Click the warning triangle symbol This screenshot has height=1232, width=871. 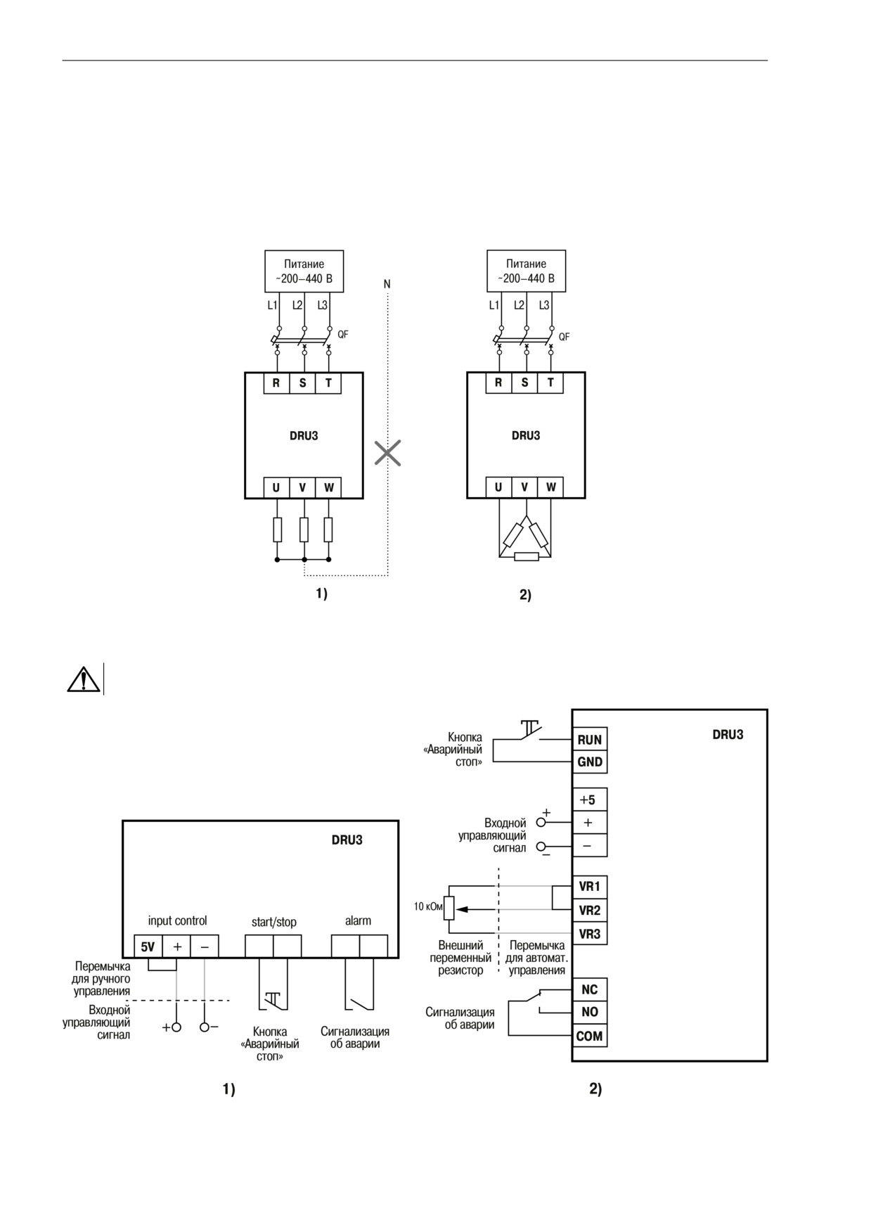point(83,679)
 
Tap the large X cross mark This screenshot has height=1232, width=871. point(387,454)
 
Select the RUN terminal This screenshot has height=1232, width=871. point(589,740)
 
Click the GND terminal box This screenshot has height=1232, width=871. point(589,762)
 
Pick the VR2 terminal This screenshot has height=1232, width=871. point(589,911)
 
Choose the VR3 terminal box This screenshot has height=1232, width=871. point(589,934)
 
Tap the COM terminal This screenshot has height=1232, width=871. point(589,1036)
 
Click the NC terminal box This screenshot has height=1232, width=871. point(589,989)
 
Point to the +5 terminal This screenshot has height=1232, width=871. point(589,800)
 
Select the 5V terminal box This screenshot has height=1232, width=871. point(148,947)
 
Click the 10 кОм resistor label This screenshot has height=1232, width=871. point(428,907)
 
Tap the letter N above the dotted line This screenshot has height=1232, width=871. point(387,284)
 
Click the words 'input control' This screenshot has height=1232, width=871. point(177,921)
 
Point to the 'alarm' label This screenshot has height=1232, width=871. point(358,920)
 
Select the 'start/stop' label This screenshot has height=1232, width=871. point(274,922)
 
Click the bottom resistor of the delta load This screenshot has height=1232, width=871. point(526,557)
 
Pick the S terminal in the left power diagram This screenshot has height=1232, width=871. point(303,383)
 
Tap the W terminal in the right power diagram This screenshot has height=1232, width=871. point(550,487)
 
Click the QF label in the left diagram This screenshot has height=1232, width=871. point(342,335)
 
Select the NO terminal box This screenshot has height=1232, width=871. point(589,1013)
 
